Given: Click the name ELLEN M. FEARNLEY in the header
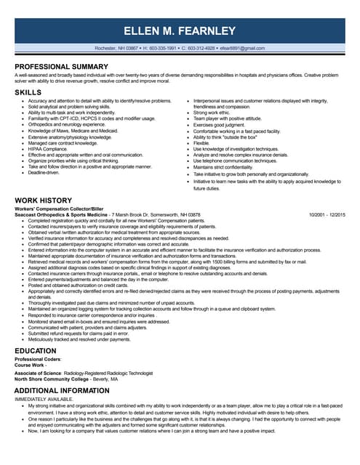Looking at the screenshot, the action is point(180,31).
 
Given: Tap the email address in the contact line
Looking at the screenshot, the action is point(241,48).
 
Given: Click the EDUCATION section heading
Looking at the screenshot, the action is point(36,350).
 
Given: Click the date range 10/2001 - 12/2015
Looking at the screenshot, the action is point(327,215).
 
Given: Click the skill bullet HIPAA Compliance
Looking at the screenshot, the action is point(48,149).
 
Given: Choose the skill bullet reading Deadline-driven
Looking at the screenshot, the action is point(44,172).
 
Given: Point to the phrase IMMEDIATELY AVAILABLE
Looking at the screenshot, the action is point(44,399).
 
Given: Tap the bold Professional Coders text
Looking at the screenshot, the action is point(38,360).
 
